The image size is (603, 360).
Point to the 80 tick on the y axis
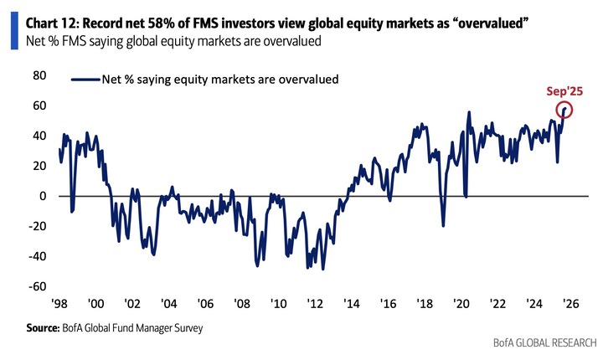39,75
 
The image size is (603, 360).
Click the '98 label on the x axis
59,305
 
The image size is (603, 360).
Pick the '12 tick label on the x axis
315,305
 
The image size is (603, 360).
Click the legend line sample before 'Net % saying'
84,80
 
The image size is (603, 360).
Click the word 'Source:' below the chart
46,328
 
